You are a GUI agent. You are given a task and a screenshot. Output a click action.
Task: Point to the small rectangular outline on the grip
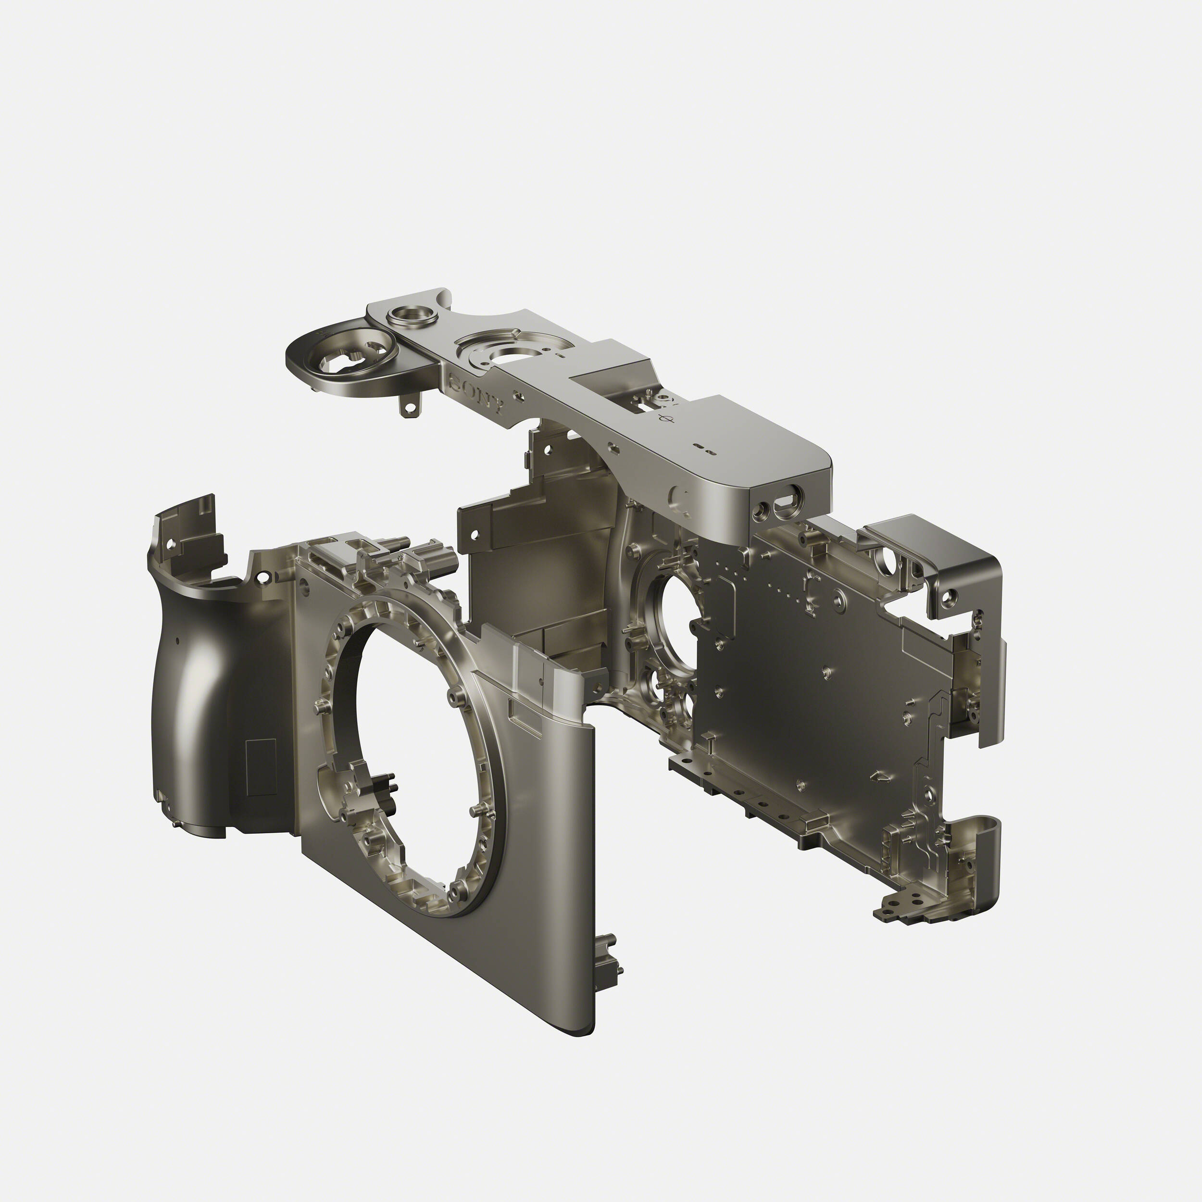coord(261,768)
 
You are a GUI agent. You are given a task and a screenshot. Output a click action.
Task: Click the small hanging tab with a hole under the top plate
coord(408,406)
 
